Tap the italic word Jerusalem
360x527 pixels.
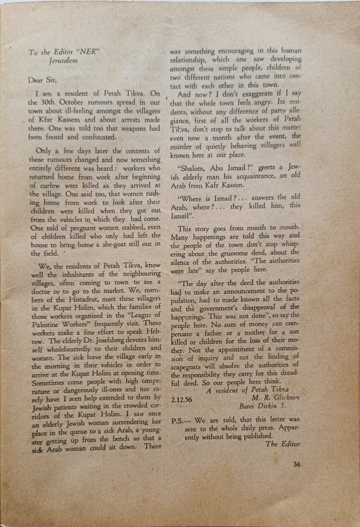63,61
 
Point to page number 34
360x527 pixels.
296,465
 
